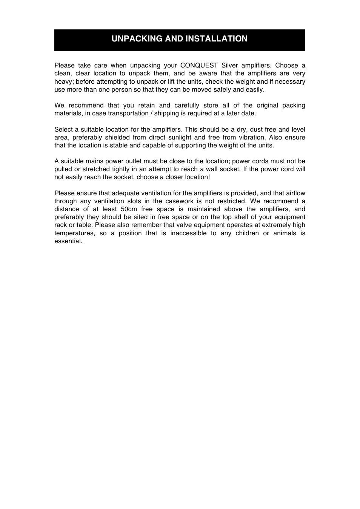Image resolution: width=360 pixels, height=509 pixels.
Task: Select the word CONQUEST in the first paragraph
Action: point(199,66)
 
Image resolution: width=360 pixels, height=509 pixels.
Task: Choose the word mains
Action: point(94,161)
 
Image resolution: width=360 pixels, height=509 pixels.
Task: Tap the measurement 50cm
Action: point(129,209)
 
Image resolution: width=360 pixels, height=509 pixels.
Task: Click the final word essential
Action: point(68,241)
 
